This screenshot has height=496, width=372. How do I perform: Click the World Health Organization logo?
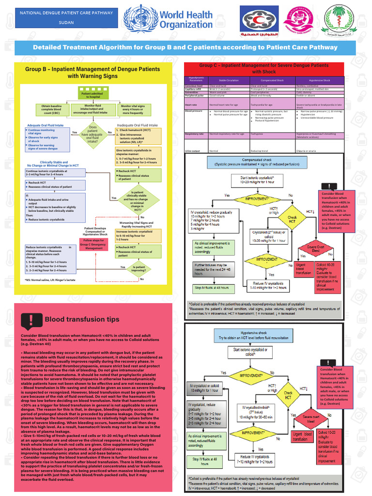[169, 19]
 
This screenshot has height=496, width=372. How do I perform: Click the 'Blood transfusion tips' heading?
[82, 320]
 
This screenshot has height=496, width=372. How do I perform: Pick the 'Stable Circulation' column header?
[229, 80]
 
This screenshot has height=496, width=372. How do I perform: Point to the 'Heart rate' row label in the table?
[191, 105]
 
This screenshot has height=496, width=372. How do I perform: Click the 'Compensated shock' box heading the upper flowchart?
[258, 162]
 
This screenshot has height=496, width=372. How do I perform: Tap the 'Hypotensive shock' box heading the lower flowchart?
[257, 335]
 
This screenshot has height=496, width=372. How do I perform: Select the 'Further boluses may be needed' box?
[214, 270]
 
